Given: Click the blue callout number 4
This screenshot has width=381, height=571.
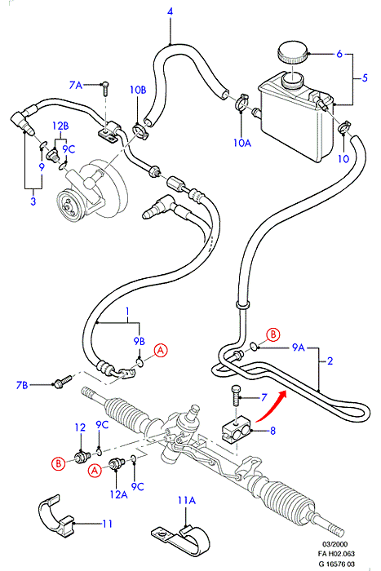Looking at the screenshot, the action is [x=170, y=11].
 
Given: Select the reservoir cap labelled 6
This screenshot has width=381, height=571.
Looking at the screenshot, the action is [x=292, y=53].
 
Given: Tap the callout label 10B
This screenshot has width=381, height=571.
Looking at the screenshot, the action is [x=138, y=90].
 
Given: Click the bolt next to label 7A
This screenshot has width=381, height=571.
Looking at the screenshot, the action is [x=106, y=87].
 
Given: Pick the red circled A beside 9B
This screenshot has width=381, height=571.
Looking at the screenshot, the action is [x=160, y=350].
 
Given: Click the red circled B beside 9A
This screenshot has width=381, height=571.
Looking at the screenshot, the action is [x=272, y=334].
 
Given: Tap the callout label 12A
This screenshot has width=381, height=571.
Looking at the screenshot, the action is [x=118, y=494].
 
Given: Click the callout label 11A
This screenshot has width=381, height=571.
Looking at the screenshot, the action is [x=187, y=500].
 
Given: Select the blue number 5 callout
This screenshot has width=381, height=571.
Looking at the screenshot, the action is [x=365, y=77].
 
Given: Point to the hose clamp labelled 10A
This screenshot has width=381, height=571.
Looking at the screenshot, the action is [x=241, y=102].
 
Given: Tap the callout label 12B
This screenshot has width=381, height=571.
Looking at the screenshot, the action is [x=60, y=126].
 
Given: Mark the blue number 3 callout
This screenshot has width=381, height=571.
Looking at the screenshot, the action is [x=33, y=201].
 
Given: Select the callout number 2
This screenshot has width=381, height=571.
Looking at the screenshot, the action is [x=330, y=361].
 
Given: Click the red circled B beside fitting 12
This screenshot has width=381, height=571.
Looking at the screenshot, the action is [x=58, y=463].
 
